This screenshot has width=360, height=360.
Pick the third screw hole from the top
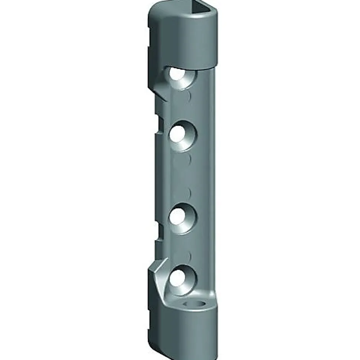pyautogui.click(x=179, y=216)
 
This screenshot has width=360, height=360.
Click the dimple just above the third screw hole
pyautogui.click(x=188, y=191)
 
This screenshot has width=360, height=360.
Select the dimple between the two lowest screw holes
pyautogui.click(x=188, y=255)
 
